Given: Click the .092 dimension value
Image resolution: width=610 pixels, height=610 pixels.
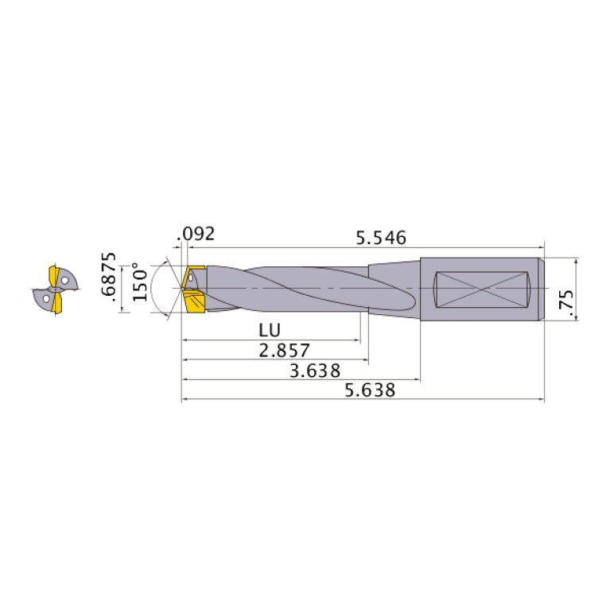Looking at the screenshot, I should point(198,235).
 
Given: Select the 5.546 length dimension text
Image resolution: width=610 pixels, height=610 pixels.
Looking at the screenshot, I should point(381,237).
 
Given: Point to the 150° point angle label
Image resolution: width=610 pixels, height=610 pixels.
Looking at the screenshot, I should point(140,282).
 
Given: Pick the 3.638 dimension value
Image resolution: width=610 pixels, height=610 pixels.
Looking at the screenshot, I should point(315,371).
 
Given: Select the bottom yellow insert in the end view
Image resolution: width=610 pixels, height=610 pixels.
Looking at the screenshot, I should point(56,305).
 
